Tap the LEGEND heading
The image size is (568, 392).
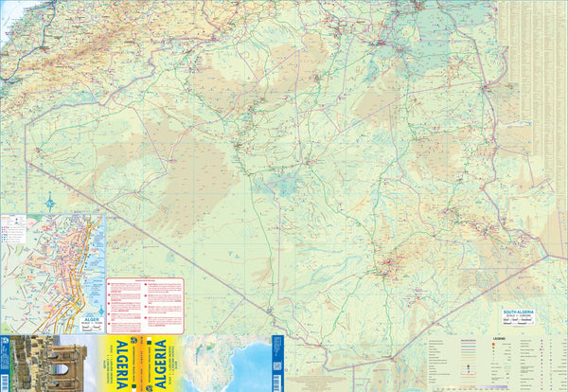pos(499,338)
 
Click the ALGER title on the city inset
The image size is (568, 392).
pos(89,320)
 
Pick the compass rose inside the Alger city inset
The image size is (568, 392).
pos(100,309)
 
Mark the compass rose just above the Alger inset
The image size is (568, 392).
pos(49,202)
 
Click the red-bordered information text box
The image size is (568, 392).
pos(144,305)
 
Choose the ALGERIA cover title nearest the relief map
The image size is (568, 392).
pos(160,364)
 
